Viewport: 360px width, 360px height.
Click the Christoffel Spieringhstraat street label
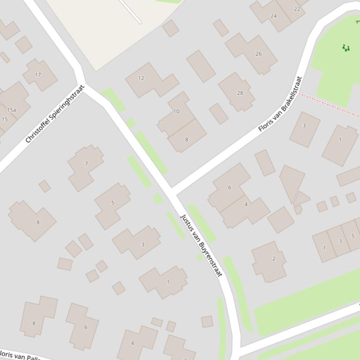pos(55,114)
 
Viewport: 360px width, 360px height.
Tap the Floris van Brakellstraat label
pos(279,104)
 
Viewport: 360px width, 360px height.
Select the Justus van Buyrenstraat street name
pos(201,245)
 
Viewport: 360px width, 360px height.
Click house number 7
pos(86,164)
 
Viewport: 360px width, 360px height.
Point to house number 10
pos(176,111)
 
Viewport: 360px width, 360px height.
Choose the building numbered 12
pos(141,78)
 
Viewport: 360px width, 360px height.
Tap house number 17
pos(38,74)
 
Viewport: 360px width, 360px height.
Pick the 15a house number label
pos(12,110)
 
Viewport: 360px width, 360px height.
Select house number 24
pos(273,16)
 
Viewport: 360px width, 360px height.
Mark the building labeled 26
pos(258,54)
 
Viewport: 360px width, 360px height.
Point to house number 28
pos(240,93)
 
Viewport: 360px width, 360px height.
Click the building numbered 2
pos(274,259)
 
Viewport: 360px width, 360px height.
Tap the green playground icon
pos(346,48)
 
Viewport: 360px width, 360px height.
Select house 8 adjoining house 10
pos(186,139)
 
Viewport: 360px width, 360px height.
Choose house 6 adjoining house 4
pos(229,187)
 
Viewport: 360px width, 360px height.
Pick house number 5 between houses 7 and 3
pos(112,203)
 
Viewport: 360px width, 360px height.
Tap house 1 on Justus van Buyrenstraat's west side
pos(168,282)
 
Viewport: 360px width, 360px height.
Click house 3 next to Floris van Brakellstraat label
pos(304,125)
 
